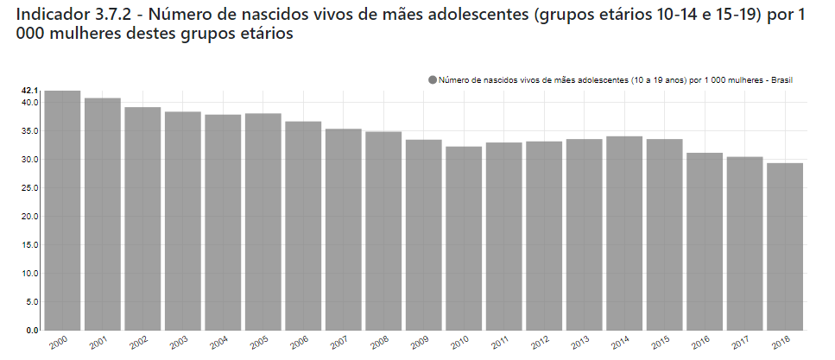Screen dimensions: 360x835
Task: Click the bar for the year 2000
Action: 63,211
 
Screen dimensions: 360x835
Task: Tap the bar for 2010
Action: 464,238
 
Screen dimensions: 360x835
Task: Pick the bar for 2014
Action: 624,233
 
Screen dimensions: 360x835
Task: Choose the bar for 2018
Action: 785,247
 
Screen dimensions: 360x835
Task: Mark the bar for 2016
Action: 705,242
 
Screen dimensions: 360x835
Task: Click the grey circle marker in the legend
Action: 433,79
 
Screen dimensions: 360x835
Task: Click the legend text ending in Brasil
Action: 615,79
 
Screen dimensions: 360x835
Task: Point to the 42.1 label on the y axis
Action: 30,91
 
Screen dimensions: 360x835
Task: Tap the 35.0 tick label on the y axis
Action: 30,131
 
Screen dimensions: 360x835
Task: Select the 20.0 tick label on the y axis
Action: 30,217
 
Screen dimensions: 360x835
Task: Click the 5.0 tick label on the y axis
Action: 32,302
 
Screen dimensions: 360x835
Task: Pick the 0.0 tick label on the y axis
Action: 32,331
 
